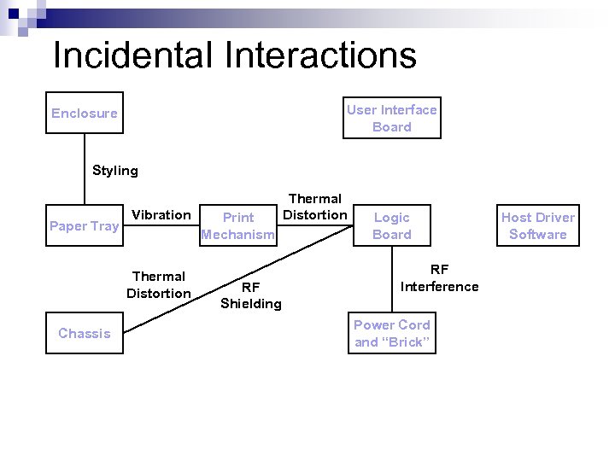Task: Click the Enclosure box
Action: [85, 113]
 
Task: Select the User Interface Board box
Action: [392, 118]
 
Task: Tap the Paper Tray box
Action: [85, 225]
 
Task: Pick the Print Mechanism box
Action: [237, 225]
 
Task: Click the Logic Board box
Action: [392, 225]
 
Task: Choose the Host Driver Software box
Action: [538, 225]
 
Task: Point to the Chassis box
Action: [85, 333]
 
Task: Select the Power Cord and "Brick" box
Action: [392, 333]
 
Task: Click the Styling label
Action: [115, 170]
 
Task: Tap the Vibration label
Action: [161, 214]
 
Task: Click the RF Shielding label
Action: [250, 295]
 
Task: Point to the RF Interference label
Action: [439, 277]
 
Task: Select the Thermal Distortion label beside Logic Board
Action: [315, 207]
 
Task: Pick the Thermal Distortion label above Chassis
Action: [159, 284]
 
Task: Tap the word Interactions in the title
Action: [320, 55]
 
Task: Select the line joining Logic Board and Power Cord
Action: [392, 281]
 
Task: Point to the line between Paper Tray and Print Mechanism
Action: [162, 225]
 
